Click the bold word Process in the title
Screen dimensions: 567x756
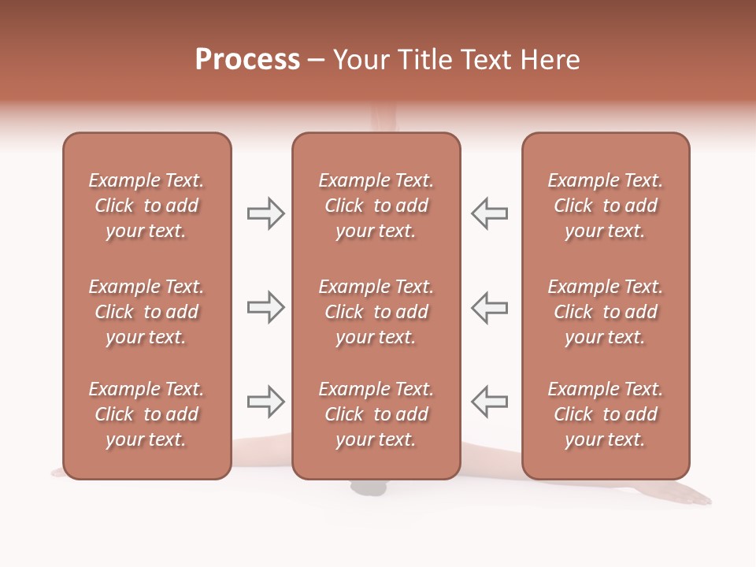click(x=247, y=60)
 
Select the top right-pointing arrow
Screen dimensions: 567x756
click(x=265, y=213)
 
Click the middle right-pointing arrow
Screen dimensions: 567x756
click(x=265, y=307)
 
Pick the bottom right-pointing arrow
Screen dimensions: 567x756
click(x=265, y=402)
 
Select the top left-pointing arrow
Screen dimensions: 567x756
click(x=490, y=213)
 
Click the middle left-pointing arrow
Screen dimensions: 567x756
click(x=490, y=307)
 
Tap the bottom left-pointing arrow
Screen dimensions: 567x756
click(x=490, y=402)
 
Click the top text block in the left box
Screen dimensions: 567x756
click(x=146, y=206)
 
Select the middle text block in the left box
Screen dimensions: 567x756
click(x=146, y=312)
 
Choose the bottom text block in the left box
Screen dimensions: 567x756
click(x=146, y=414)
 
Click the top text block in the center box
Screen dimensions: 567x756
click(x=376, y=206)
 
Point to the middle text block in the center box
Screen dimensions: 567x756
click(x=376, y=312)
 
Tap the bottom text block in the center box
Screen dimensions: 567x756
click(x=376, y=414)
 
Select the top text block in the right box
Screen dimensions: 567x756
click(x=605, y=206)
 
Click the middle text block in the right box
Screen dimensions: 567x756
click(x=605, y=312)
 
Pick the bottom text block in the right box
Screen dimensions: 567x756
click(x=605, y=414)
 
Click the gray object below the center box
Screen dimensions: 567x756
click(x=369, y=488)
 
